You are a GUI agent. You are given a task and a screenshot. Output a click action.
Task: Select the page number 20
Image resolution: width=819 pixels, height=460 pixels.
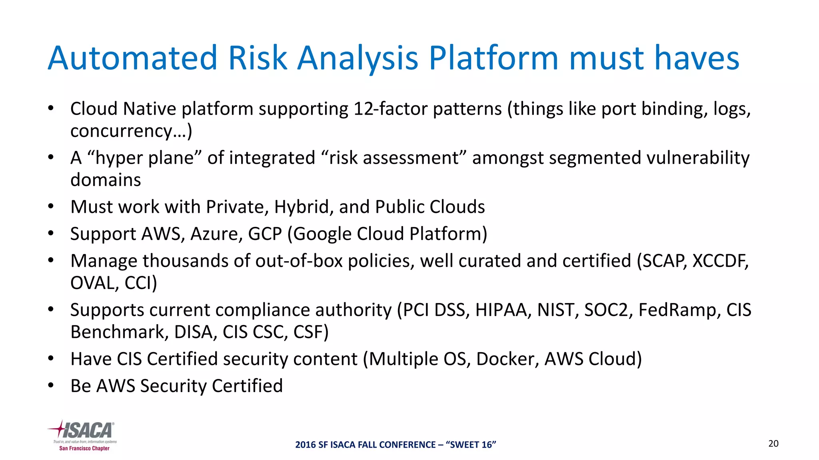point(773,444)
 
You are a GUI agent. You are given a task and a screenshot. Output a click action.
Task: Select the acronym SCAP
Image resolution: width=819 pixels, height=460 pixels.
point(661,261)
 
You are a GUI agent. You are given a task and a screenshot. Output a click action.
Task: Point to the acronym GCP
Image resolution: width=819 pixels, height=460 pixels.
point(265,234)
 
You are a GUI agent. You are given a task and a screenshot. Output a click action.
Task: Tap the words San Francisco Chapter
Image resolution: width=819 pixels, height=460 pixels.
point(84,448)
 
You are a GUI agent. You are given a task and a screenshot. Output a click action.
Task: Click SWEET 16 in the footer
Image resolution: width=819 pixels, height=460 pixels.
point(473,445)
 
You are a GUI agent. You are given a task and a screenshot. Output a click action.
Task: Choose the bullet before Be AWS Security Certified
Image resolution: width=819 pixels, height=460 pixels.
point(50,386)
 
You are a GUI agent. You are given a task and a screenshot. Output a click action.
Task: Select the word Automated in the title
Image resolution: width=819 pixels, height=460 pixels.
point(132,59)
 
